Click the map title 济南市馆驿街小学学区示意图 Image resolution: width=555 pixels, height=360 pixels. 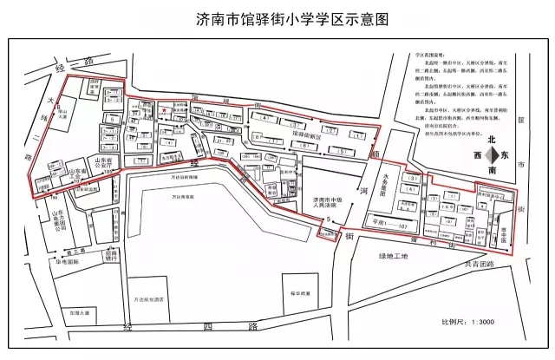[x=277, y=17]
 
